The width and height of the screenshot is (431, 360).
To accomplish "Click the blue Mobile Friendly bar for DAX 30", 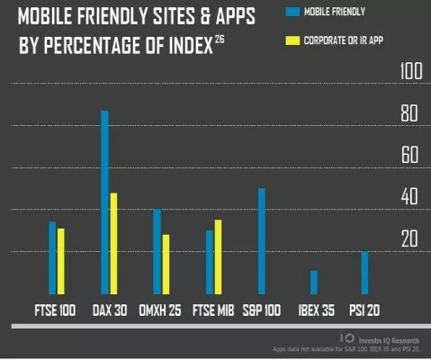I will click(x=104, y=202).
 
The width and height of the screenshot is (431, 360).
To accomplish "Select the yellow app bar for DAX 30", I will click(x=113, y=243).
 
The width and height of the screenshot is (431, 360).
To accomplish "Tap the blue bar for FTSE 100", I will click(x=52, y=257).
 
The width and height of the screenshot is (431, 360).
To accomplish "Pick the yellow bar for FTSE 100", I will click(x=61, y=261).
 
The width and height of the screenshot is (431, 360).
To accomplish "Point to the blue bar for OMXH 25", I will click(x=157, y=251).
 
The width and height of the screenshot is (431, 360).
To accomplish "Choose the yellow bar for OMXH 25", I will click(x=166, y=264).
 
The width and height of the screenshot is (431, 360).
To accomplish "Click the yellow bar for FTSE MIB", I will click(x=218, y=256).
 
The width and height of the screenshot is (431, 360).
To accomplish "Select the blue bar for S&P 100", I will click(x=261, y=241).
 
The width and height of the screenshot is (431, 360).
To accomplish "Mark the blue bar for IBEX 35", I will click(x=314, y=283).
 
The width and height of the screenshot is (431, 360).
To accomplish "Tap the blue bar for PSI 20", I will click(x=365, y=273).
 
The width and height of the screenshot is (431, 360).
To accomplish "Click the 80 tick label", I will click(x=409, y=114).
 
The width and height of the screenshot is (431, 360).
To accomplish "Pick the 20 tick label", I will click(x=409, y=238).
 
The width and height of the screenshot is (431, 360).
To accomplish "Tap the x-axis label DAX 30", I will click(x=111, y=310).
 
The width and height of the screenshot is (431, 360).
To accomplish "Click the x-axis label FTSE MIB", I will click(x=213, y=310).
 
